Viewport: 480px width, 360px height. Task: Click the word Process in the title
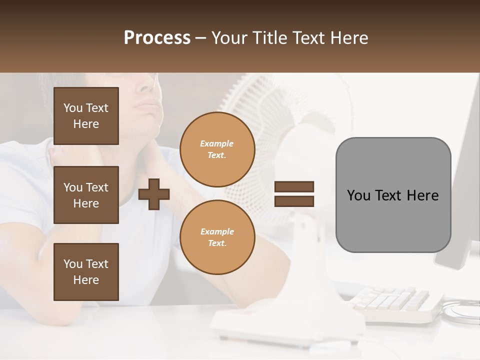point(157,38)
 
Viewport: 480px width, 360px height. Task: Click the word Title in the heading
point(267,38)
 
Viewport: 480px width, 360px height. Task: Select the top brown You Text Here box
point(86,116)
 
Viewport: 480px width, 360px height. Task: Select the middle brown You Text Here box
point(86,195)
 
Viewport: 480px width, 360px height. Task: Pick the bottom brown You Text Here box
point(86,272)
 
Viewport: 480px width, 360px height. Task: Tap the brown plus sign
point(154,194)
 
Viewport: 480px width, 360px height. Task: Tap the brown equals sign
point(294,194)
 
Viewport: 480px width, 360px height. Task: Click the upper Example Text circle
point(217,149)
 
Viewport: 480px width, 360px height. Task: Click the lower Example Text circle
point(217,237)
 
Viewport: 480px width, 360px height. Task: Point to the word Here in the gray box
point(423,195)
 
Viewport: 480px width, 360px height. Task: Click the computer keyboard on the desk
point(395,302)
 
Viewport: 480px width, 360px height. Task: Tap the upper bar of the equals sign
point(294,186)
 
